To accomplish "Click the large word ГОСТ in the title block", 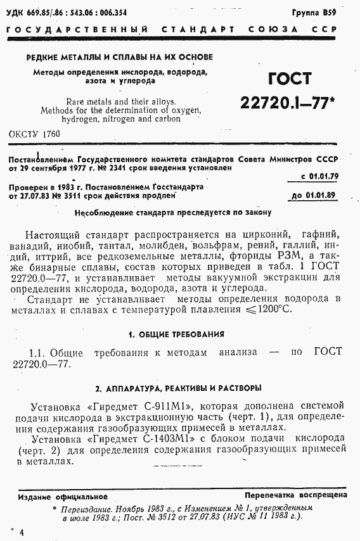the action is click(x=290, y=79).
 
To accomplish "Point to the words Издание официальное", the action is click(x=63, y=497).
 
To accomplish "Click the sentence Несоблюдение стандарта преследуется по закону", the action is click(x=172, y=212).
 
